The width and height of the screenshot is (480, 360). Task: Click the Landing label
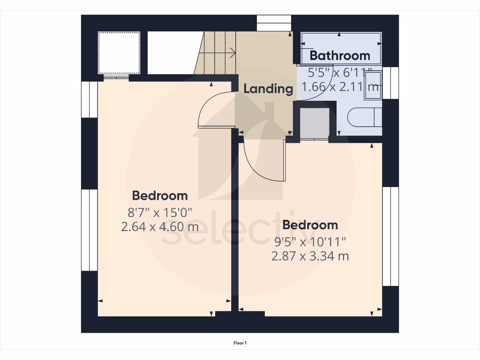pos(268,89)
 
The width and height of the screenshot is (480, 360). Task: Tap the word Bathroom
pos(340,55)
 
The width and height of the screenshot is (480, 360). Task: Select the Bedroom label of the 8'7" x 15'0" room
pos(160,195)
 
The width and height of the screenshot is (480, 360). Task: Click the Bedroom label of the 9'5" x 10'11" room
pos(310,225)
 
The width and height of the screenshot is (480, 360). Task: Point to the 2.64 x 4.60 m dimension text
pos(160,227)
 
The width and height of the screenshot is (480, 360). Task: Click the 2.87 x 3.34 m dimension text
pos(310,256)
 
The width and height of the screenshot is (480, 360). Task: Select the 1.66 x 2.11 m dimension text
pos(340,87)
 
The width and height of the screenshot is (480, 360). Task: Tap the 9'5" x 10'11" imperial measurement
pos(310,242)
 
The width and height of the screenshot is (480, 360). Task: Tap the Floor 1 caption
pos(240,343)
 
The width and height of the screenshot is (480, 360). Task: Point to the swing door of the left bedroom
pos(216,111)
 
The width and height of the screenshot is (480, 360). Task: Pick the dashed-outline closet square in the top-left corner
pos(119,52)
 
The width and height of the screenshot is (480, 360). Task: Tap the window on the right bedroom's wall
pos(390,236)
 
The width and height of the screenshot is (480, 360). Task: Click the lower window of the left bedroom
pos(89,230)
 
